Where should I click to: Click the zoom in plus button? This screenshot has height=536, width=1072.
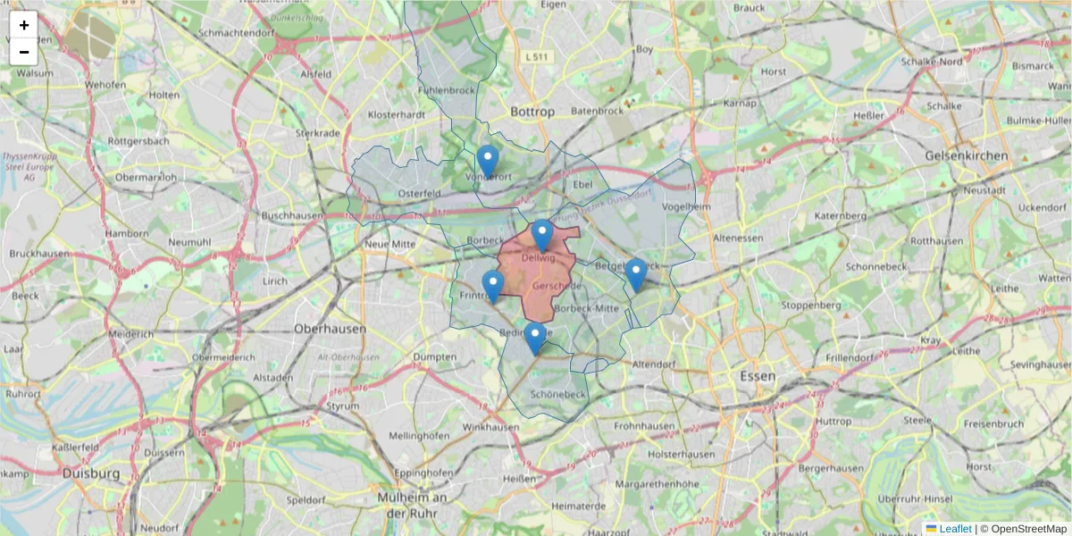24,25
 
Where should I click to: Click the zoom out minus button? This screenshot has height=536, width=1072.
24,52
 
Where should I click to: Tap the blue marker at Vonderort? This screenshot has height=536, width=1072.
487,162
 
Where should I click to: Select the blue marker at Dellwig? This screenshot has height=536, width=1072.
542,236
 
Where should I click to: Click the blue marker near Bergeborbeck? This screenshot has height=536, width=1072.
635,274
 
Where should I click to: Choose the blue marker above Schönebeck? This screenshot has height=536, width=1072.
535,339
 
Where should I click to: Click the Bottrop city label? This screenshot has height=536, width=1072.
532,112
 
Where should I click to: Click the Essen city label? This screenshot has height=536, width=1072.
757,376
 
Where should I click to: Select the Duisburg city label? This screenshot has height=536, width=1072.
90,473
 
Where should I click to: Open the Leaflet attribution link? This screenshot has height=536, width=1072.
954,529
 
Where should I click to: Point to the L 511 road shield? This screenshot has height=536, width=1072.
537,57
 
